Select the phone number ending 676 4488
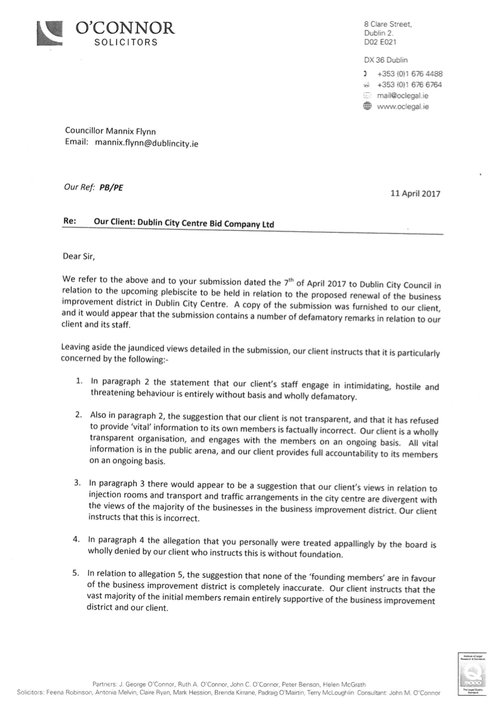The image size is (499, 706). pos(410,74)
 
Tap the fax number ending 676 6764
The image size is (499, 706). pos(410,85)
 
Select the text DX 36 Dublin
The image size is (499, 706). pos(385,60)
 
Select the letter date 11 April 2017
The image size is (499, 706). pos(416,194)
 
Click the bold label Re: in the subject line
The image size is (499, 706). pos(69,222)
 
